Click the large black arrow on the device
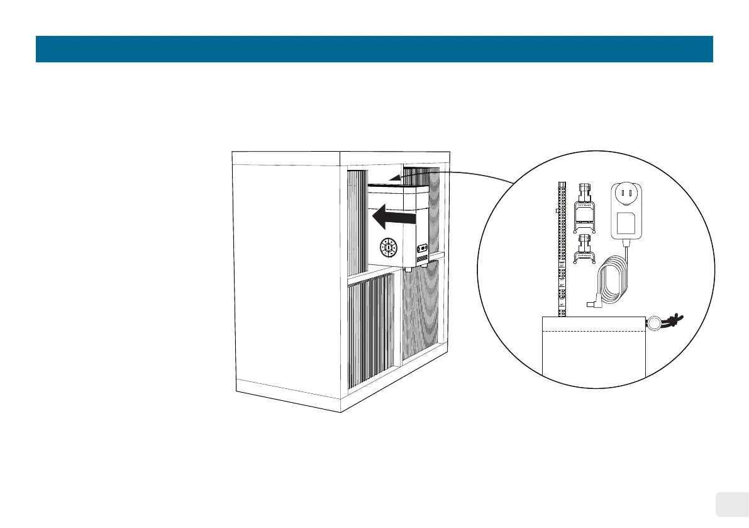click(x=394, y=218)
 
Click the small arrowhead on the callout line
click(x=394, y=179)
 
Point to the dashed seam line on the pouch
click(x=594, y=330)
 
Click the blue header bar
click(x=374, y=49)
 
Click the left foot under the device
click(x=408, y=269)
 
